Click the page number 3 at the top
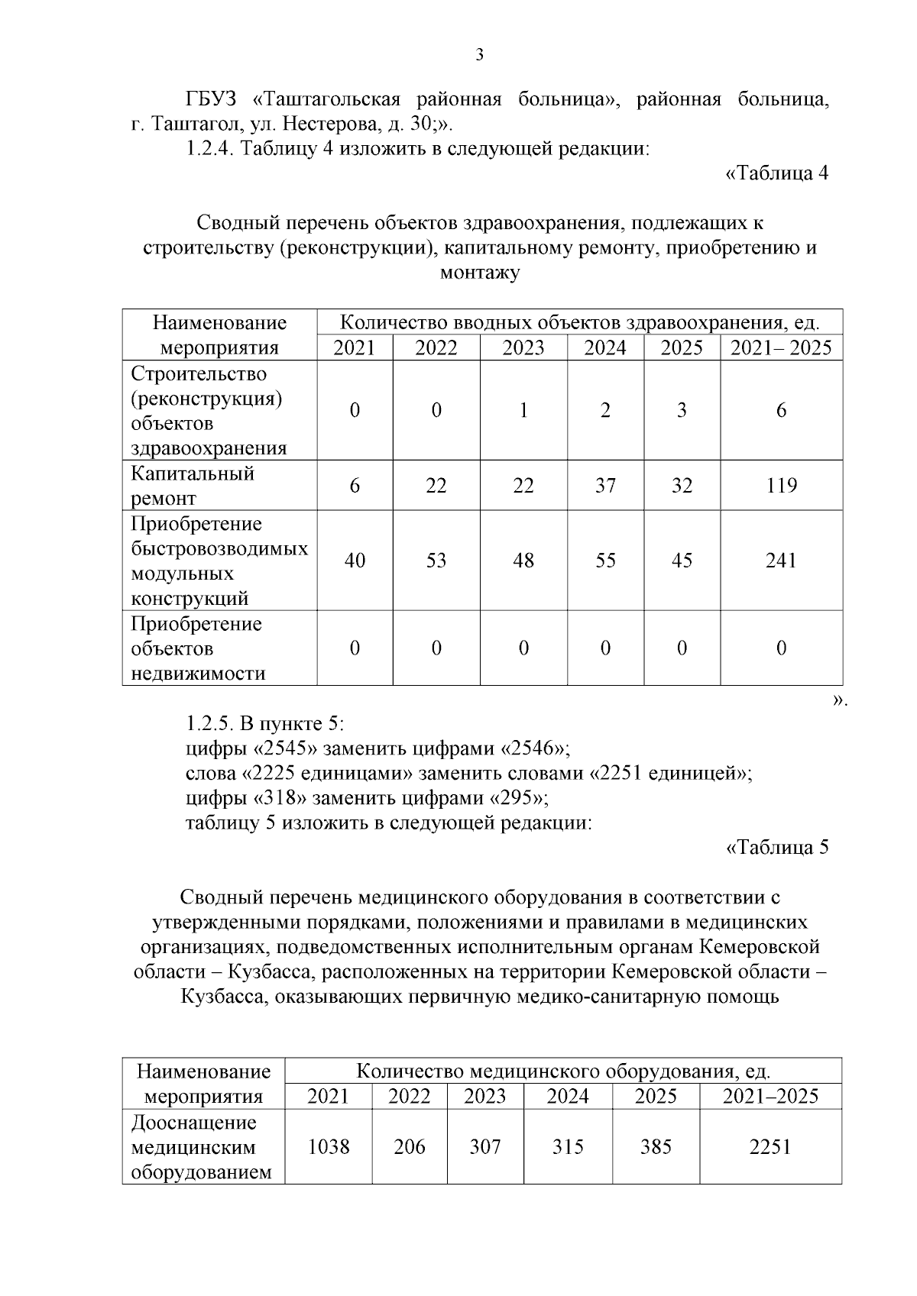tap(479, 55)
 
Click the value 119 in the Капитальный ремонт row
tap(781, 486)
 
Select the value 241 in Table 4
tap(781, 561)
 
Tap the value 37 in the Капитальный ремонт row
tap(605, 486)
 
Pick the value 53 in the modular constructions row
tap(436, 561)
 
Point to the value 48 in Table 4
tap(523, 561)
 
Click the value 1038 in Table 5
tap(329, 1147)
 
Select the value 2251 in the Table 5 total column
tap(770, 1147)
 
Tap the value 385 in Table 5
tap(656, 1147)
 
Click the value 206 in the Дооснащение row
tap(410, 1147)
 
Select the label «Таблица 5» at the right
tap(777, 848)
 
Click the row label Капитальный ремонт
tap(193, 486)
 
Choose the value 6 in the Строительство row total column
tap(781, 411)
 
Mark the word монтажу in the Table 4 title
tap(480, 273)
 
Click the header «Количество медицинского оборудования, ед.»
tap(563, 1071)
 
